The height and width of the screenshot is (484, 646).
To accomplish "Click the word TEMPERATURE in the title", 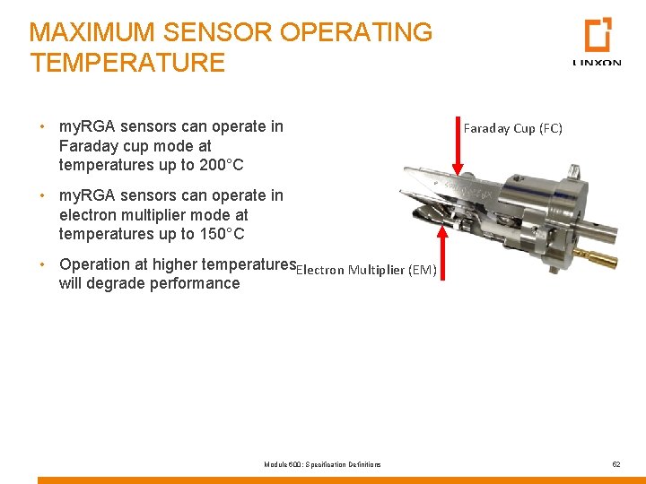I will [x=127, y=63].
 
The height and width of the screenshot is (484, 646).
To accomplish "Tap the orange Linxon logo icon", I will [x=598, y=35].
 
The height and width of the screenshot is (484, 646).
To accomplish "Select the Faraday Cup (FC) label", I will [x=512, y=128].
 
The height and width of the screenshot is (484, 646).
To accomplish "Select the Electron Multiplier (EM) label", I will [x=365, y=271].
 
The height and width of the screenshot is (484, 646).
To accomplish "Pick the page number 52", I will [x=615, y=464].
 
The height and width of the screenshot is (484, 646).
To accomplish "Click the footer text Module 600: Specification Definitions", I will [x=322, y=464].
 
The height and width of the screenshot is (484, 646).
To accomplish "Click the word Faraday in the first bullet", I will [x=87, y=146].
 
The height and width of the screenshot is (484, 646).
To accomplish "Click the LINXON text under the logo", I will [x=597, y=63].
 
